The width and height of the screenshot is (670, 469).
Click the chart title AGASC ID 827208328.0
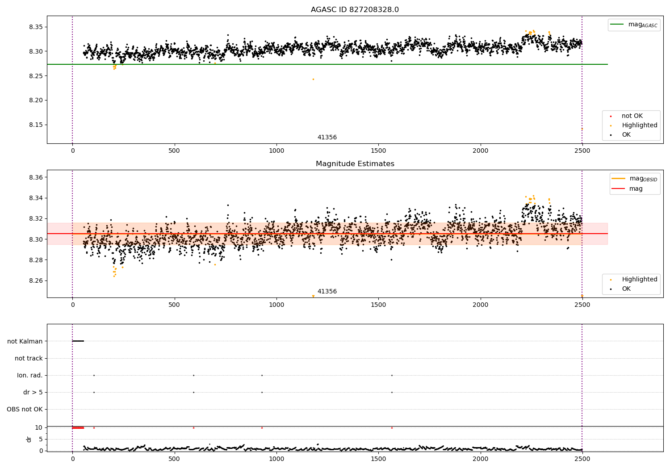tap(355, 9)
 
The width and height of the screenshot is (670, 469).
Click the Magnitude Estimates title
tap(355, 163)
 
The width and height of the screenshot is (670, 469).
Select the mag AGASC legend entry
tap(634, 25)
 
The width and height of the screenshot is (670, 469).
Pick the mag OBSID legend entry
tap(634, 179)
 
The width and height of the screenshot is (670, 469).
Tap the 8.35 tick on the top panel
tap(36, 27)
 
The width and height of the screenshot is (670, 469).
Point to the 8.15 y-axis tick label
tap(36, 125)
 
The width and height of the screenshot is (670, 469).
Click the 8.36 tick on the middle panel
tap(36, 177)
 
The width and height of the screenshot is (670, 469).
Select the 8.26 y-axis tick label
tap(36, 281)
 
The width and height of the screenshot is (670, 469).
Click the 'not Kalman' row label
tap(25, 341)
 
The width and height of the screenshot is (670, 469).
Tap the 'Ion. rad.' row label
tap(29, 375)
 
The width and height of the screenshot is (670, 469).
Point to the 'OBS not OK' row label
tap(25, 409)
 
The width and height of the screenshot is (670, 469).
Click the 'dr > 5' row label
tap(33, 392)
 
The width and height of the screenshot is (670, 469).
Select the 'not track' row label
tap(29, 358)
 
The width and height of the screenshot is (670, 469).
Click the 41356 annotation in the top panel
tap(327, 137)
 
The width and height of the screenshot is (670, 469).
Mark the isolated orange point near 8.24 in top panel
tap(313, 79)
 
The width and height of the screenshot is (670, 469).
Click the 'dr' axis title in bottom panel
tap(29, 440)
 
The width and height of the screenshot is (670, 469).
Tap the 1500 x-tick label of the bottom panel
tap(378, 459)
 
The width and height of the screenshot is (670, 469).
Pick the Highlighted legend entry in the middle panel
tap(634, 279)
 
